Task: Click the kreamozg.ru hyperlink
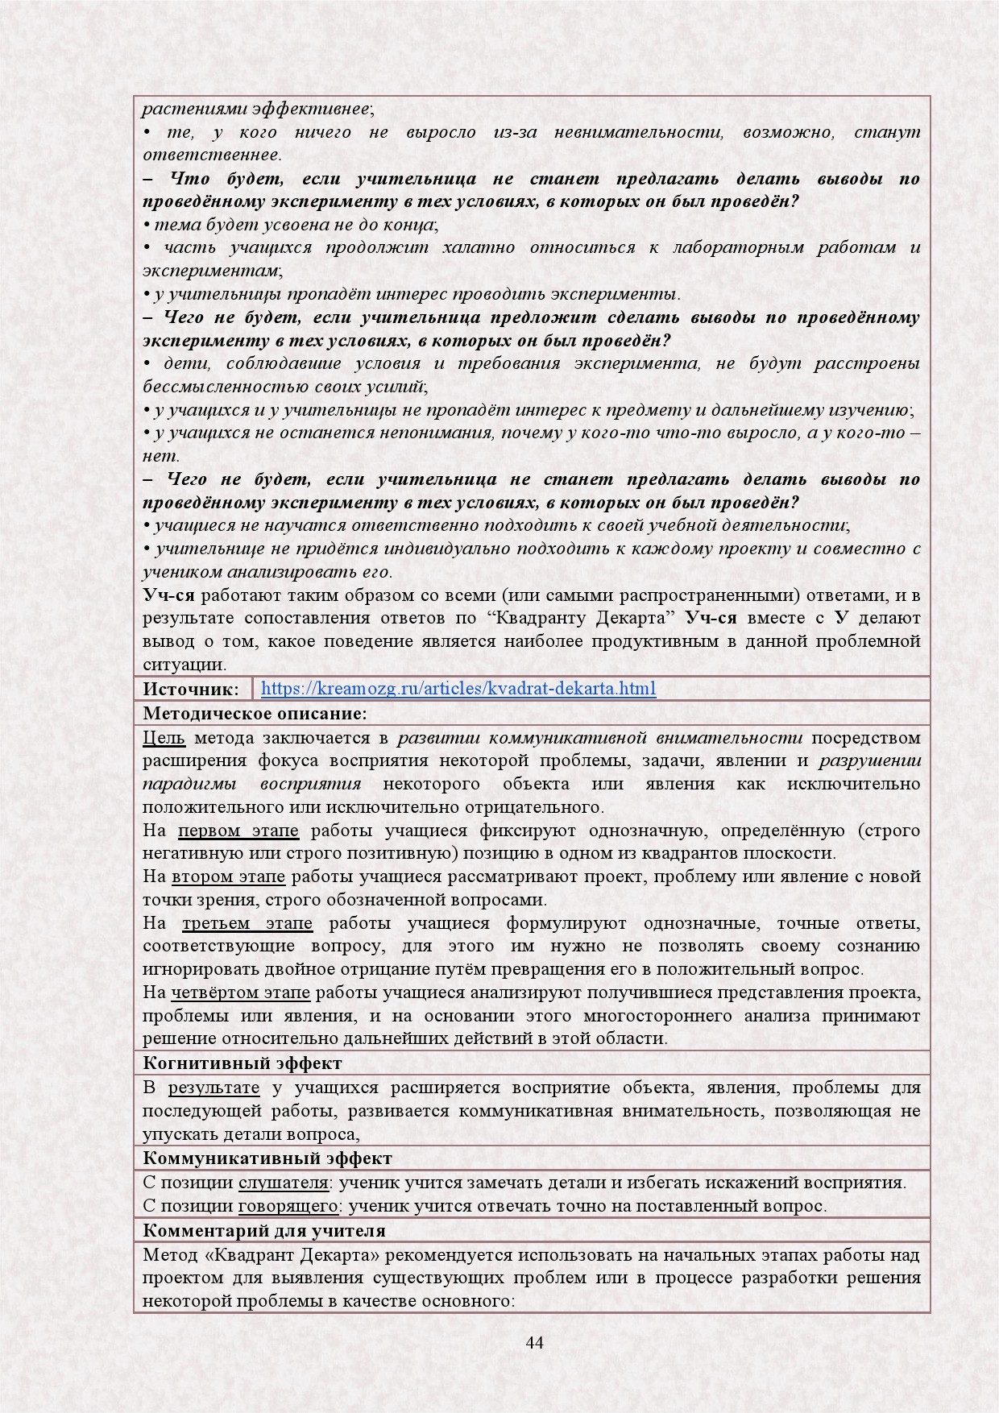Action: (458, 689)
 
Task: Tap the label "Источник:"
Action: (191, 689)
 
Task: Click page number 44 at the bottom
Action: (534, 1342)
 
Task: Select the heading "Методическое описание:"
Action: (255, 714)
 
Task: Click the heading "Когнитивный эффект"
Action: (242, 1063)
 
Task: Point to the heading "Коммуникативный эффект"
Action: (267, 1158)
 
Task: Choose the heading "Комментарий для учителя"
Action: (264, 1231)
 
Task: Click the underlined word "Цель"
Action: (164, 738)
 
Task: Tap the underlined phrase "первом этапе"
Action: (238, 831)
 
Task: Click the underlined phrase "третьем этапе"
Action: (247, 923)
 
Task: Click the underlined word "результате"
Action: (213, 1088)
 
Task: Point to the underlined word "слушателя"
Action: (283, 1183)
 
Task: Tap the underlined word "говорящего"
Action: (288, 1206)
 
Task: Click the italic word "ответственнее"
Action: (211, 155)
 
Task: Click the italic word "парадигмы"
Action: (189, 784)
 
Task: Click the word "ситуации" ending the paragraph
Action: (183, 665)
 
